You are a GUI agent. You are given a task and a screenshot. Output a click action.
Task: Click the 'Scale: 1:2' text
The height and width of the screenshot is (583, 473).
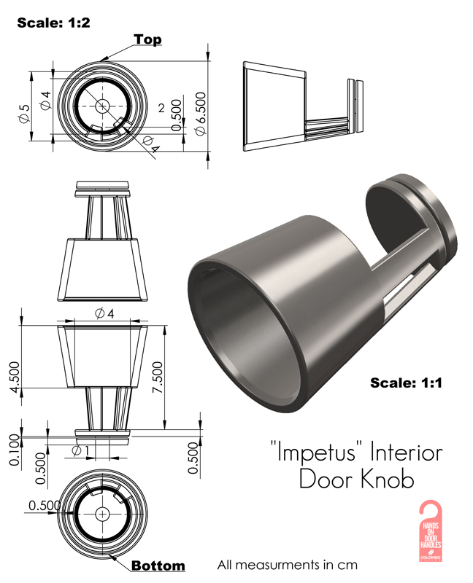53,23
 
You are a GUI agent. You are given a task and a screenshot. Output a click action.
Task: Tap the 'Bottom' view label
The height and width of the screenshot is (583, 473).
158,566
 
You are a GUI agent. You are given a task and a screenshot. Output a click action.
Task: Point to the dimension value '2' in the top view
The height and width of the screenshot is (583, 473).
160,108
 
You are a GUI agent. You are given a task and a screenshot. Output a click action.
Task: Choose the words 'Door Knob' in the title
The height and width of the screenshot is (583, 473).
356,480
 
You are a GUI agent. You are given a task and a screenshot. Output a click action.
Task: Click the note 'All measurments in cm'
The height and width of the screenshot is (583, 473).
287,565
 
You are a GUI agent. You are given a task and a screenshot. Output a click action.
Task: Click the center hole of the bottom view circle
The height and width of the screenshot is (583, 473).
101,513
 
